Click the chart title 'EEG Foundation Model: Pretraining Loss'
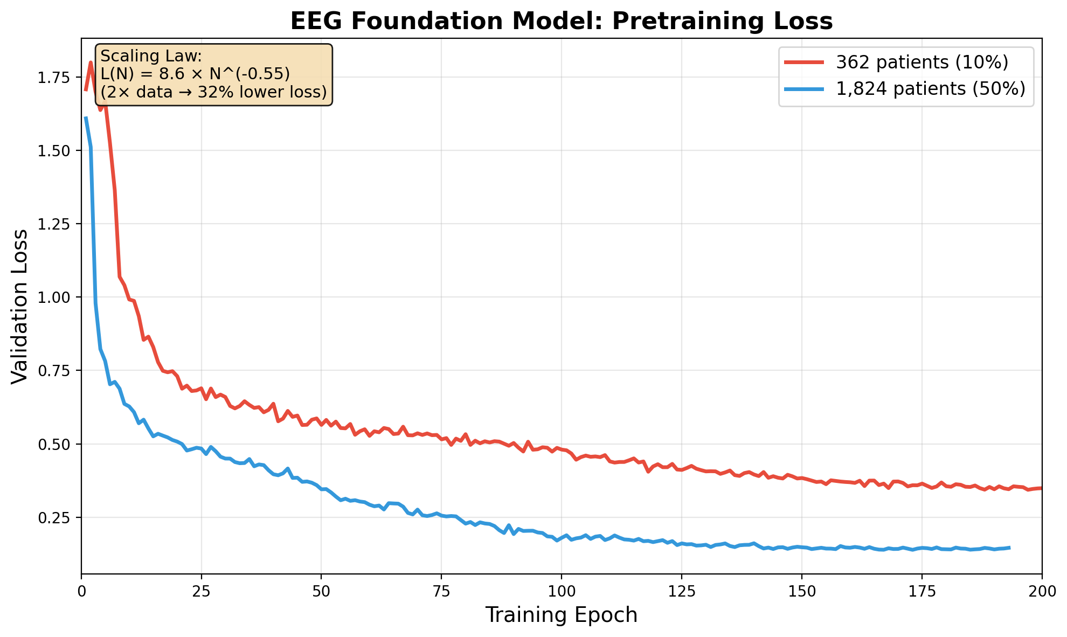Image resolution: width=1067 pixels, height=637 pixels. pyautogui.click(x=562, y=22)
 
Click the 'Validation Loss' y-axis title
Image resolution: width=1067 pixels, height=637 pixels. pyautogui.click(x=20, y=306)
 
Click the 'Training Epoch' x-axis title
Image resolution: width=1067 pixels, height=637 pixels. pyautogui.click(x=562, y=615)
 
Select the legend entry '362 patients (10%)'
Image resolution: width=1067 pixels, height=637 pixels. pyautogui.click(x=921, y=63)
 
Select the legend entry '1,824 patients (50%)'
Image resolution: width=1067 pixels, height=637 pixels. pyautogui.click(x=930, y=88)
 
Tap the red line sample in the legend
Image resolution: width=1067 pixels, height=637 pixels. pyautogui.click(x=805, y=63)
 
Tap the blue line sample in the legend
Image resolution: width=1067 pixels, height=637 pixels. pyautogui.click(x=805, y=88)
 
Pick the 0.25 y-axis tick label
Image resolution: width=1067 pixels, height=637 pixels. pyautogui.click(x=54, y=517)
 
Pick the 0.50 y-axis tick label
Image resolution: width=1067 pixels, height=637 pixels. pyautogui.click(x=54, y=444)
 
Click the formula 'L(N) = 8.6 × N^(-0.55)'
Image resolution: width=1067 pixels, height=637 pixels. pyautogui.click(x=195, y=74)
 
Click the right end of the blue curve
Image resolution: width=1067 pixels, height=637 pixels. pyautogui.click(x=1009, y=548)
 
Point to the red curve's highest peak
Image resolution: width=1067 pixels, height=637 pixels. pyautogui.click(x=91, y=62)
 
